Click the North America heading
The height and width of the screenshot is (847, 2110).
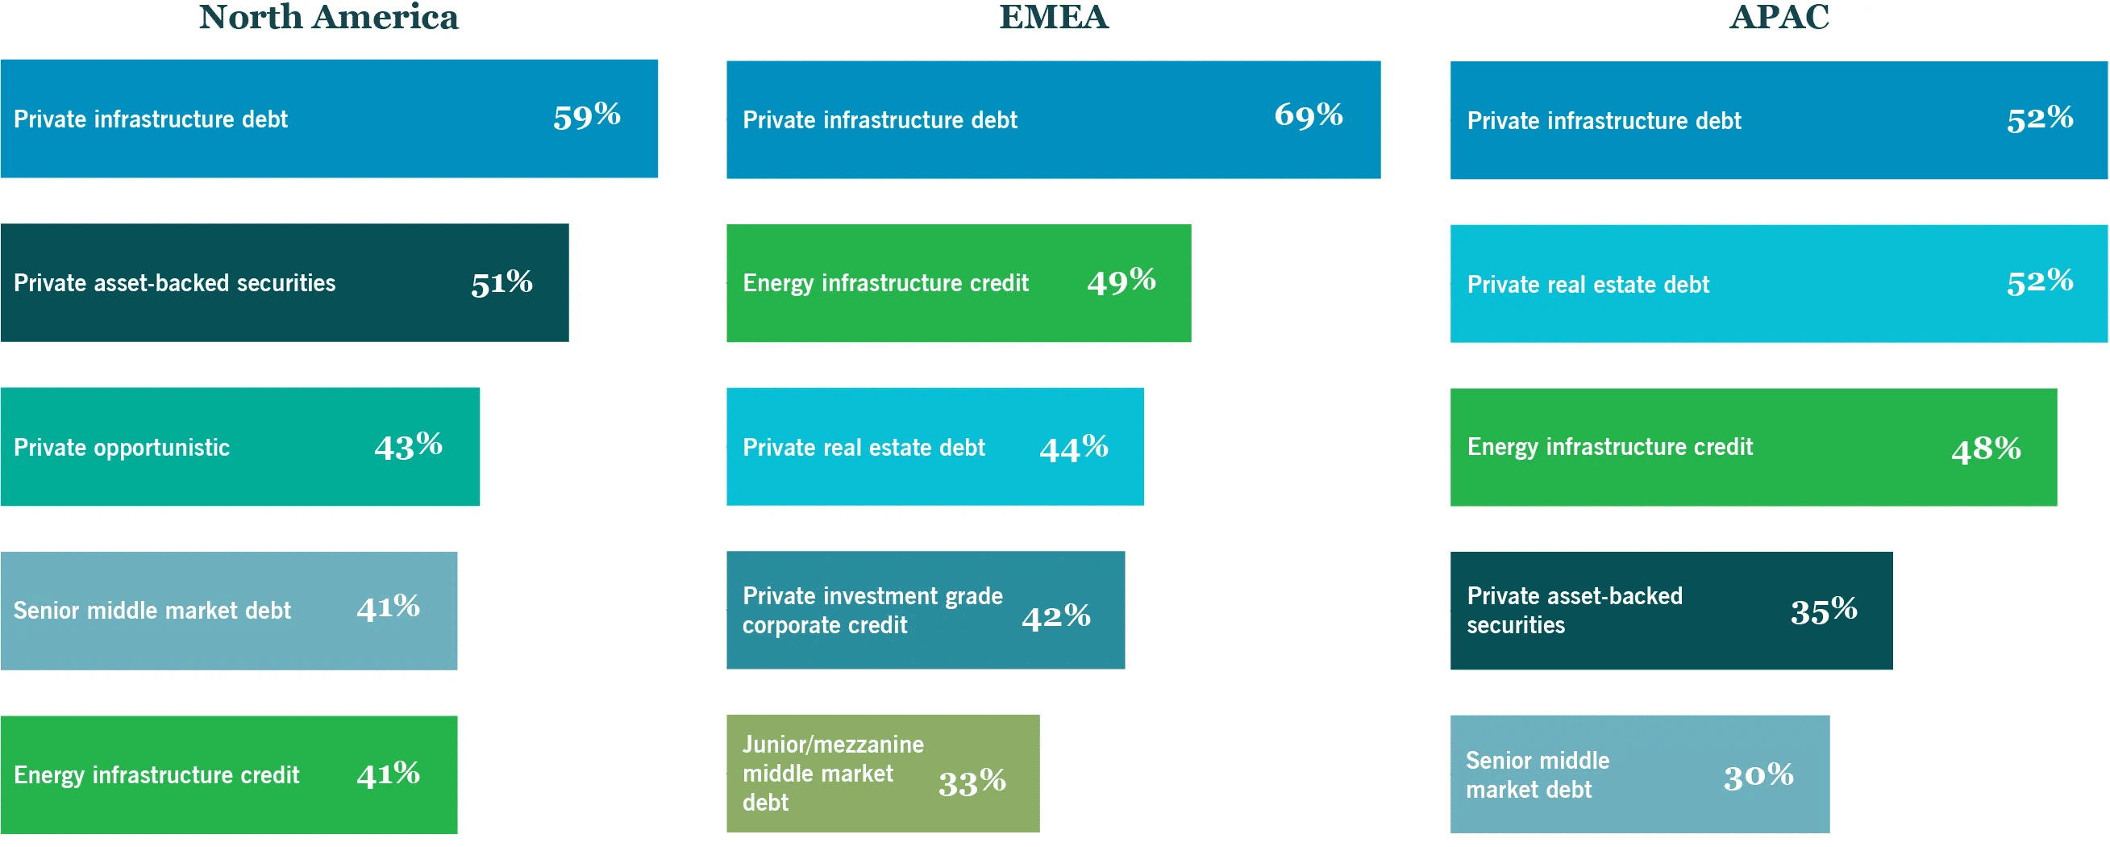[x=328, y=18]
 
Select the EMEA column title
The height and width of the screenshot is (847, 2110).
[x=1053, y=18]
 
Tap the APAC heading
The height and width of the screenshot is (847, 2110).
[x=1779, y=18]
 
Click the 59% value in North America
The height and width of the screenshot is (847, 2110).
[x=586, y=117]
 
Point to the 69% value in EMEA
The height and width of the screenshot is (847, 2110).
[x=1308, y=115]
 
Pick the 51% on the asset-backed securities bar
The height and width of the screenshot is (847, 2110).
[x=501, y=283]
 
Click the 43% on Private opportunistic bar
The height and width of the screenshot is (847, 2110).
[x=408, y=447]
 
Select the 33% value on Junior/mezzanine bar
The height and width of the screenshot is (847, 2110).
[x=972, y=783]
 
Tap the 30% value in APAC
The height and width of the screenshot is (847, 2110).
[x=1758, y=776]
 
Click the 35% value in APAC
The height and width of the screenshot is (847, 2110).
[x=1823, y=611]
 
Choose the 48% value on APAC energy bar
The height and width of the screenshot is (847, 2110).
[x=1986, y=449]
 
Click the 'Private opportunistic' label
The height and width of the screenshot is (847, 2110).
[x=121, y=448]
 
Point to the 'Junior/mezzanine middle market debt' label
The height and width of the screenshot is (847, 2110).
[x=832, y=774]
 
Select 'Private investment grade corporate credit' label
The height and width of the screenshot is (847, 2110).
[x=872, y=611]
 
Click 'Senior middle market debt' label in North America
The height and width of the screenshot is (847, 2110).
[x=152, y=611]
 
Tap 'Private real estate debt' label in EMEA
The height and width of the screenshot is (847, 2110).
[x=864, y=448]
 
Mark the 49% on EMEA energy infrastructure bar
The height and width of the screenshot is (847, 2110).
[x=1121, y=282]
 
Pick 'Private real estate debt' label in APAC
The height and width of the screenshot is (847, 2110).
[x=1588, y=285]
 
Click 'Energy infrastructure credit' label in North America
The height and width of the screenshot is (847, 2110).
[x=156, y=776]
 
